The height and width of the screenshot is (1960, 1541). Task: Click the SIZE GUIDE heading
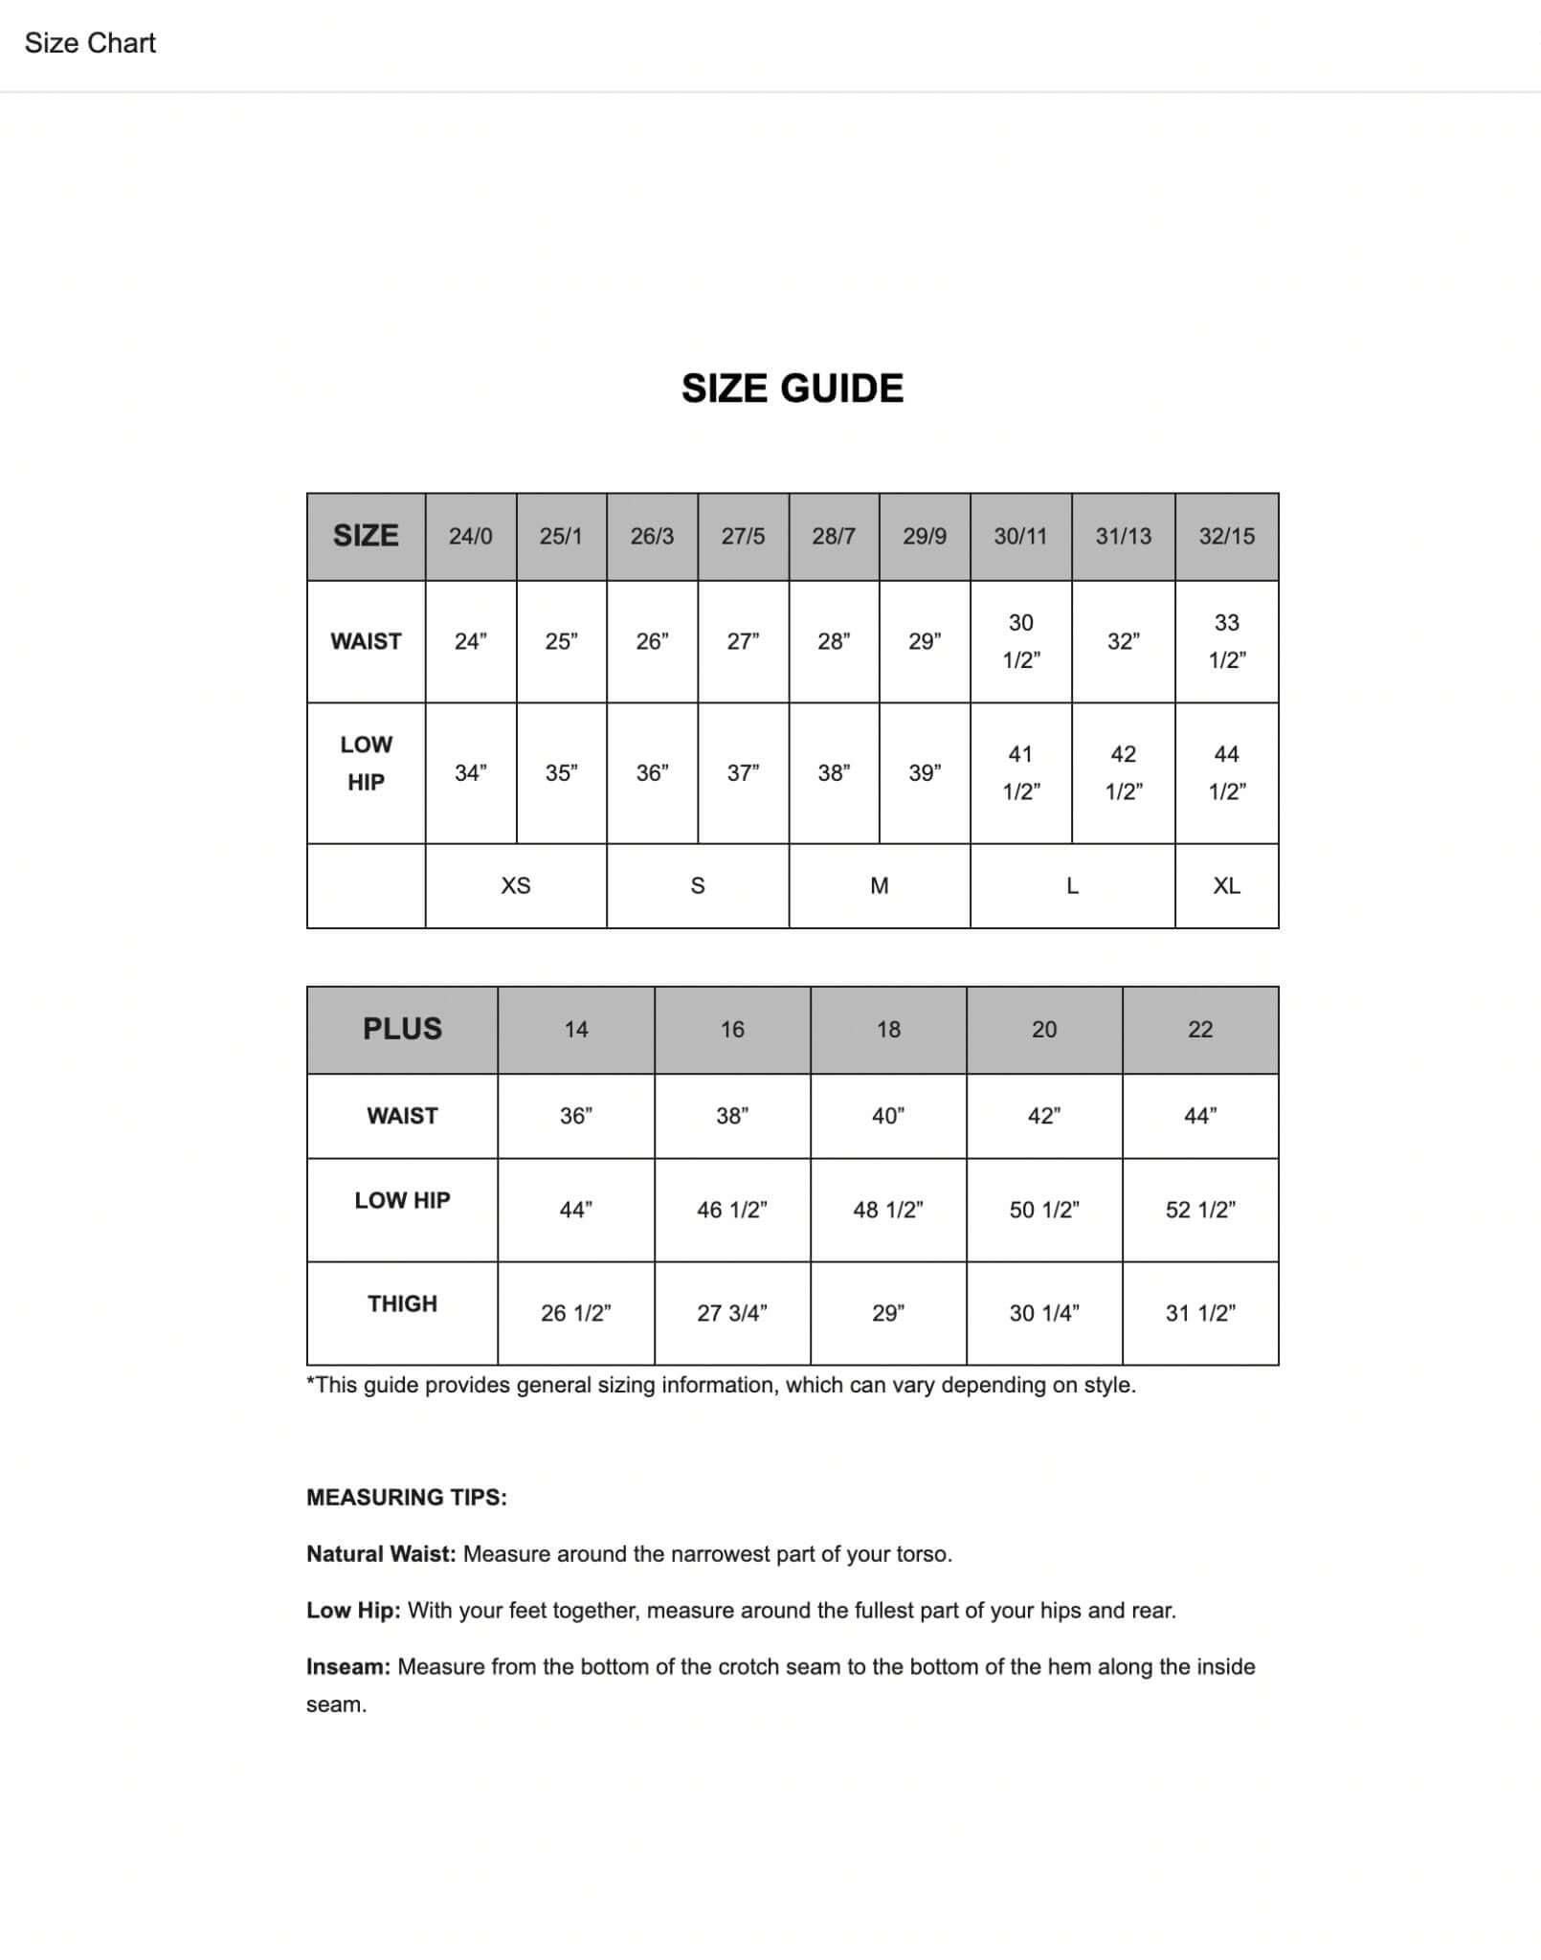[x=792, y=389]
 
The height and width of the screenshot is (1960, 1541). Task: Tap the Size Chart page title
[x=90, y=43]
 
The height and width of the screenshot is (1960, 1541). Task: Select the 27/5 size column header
[x=743, y=536]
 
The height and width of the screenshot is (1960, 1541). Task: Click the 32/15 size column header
[x=1226, y=536]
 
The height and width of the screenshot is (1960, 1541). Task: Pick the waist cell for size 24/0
[x=470, y=641]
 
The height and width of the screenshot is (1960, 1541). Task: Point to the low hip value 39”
[x=924, y=772]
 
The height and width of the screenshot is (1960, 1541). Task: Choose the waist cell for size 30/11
[x=1020, y=641]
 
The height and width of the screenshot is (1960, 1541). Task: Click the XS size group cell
[x=515, y=885]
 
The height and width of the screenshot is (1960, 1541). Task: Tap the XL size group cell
[x=1226, y=885]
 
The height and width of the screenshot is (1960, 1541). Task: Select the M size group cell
[x=879, y=885]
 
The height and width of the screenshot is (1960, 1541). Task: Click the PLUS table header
[x=402, y=1029]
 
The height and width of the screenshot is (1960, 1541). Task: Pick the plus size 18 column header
[x=887, y=1029]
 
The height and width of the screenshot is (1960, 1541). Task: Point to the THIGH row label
[x=402, y=1303]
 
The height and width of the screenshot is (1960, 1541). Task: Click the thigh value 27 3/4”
[x=731, y=1313]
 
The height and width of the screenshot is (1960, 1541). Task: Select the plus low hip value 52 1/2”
[x=1199, y=1210]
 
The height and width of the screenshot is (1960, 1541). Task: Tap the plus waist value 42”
[x=1043, y=1116]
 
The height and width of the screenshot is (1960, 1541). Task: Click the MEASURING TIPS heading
[x=407, y=1497]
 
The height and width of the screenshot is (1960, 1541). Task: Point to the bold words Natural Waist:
[x=381, y=1553]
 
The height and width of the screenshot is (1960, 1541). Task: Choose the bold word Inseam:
[x=348, y=1666]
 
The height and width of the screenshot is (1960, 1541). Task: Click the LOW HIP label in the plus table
[x=402, y=1200]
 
